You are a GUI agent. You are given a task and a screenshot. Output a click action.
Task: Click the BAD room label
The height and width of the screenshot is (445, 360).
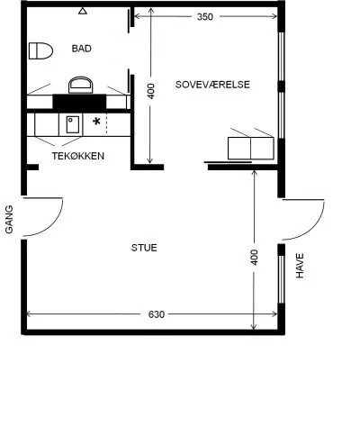[x=82, y=49]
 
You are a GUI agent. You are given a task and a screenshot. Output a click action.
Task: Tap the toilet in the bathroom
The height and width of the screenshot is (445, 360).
[x=40, y=50]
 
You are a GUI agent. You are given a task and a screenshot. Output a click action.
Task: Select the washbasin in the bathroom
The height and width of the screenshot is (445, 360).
[x=80, y=85]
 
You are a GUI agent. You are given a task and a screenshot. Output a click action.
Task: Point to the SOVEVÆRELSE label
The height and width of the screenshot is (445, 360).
[x=212, y=85]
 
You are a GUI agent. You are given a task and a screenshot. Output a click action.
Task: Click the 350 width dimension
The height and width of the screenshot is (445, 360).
[x=205, y=17]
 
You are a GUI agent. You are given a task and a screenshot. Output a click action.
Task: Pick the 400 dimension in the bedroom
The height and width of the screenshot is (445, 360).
[x=151, y=91]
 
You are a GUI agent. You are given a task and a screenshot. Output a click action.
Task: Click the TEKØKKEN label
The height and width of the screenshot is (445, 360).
[x=78, y=156]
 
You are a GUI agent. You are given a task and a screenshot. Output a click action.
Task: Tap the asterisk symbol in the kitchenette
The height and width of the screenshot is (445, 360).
[x=96, y=122]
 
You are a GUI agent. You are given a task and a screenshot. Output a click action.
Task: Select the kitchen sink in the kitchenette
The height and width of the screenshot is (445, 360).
[x=73, y=124]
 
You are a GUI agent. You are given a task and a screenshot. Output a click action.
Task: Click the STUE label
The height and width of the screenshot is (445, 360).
[x=144, y=248]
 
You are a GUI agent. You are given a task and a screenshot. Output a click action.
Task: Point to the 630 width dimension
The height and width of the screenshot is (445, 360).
[x=157, y=314]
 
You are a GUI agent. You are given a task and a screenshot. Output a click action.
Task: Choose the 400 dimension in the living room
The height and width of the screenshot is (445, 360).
[x=254, y=258]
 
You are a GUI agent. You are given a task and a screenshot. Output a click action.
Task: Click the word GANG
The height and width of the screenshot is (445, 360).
[x=9, y=219]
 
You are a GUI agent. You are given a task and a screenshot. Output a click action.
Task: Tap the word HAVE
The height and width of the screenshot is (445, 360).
[x=300, y=266]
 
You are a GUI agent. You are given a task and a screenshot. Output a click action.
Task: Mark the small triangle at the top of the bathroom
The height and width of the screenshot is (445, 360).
[x=83, y=11]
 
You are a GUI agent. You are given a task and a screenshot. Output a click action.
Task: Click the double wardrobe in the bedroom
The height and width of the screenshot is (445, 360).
[x=251, y=149]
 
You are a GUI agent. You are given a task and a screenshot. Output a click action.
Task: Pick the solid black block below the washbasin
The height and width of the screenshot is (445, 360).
[x=79, y=102]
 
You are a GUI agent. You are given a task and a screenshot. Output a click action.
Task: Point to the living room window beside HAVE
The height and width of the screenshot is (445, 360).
[x=281, y=279]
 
